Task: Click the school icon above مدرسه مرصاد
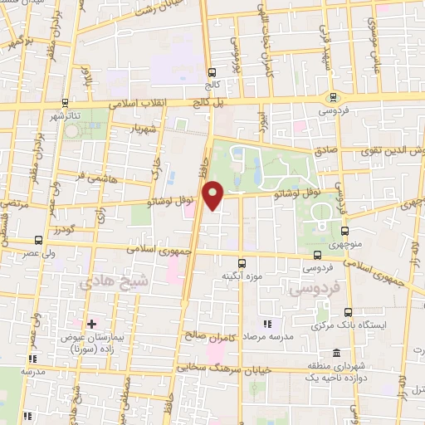[267, 324]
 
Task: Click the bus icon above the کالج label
[212, 72]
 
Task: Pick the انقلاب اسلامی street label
[150, 102]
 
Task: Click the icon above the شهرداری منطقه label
[336, 352]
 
